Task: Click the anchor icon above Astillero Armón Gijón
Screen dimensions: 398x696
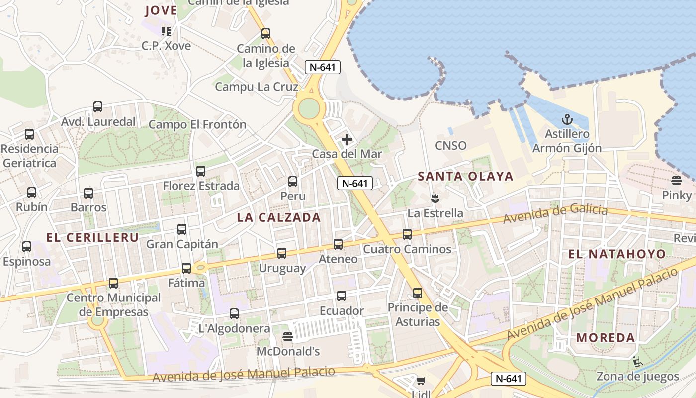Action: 567,119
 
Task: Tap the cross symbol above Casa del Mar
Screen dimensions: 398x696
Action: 347,139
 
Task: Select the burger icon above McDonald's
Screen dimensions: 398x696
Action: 287,337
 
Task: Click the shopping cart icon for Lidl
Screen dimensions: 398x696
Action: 421,381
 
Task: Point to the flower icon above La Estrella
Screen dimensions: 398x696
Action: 435,199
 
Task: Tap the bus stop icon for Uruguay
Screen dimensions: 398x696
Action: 282,253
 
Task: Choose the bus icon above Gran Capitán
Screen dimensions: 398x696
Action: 182,229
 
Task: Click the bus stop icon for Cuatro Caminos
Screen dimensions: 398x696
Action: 407,234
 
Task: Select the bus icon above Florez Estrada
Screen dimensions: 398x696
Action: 201,171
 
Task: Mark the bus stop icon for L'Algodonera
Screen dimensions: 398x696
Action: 234,314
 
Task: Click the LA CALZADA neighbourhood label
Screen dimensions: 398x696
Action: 279,217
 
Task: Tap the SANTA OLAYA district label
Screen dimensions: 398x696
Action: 465,176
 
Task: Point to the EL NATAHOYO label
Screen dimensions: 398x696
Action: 617,254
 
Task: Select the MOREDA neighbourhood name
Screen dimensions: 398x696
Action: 606,338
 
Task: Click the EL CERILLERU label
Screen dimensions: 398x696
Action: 92,237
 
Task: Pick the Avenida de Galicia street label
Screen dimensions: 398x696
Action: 555,214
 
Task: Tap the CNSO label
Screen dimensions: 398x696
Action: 451,146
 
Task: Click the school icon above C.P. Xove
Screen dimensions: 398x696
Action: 166,31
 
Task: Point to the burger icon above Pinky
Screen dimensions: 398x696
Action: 676,180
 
